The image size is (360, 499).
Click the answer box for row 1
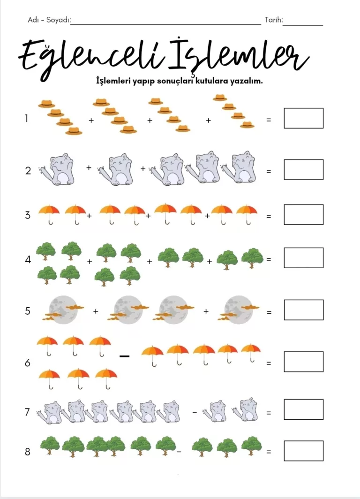[303, 118]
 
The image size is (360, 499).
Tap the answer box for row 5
[304, 310]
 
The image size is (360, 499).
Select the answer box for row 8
[303, 451]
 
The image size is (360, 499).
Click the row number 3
[28, 215]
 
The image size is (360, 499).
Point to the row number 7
[27, 412]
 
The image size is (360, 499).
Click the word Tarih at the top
[273, 20]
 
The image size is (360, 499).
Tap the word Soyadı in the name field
[58, 20]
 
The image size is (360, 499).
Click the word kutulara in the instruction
[211, 81]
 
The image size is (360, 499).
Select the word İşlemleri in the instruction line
[113, 81]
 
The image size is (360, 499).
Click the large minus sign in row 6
[124, 356]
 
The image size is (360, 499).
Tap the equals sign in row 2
[269, 171]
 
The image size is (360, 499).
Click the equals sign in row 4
[269, 259]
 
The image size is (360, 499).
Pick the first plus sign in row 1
[91, 121]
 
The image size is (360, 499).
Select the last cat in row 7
[245, 410]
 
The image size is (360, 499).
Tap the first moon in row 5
[63, 310]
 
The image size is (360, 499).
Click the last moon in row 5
[239, 310]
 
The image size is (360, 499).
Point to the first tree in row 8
[50, 446]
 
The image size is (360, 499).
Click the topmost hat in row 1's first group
[46, 104]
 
